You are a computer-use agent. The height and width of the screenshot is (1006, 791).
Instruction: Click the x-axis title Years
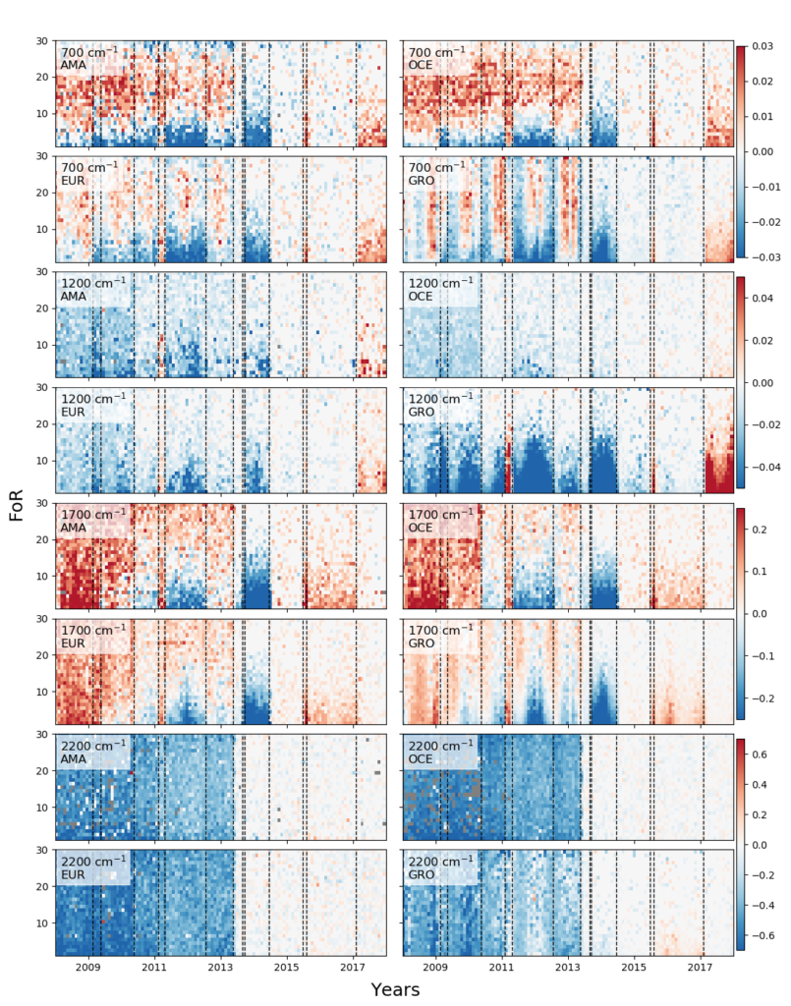click(395, 989)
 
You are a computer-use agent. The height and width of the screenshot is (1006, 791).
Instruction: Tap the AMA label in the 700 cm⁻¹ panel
click(73, 65)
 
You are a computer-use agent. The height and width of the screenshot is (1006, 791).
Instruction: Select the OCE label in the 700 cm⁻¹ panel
click(421, 65)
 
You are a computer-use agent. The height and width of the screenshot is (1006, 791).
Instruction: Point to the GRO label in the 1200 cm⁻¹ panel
click(421, 413)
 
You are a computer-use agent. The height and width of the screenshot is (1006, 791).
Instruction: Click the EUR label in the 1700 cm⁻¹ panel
click(73, 644)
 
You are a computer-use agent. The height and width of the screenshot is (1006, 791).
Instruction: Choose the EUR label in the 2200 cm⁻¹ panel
click(73, 876)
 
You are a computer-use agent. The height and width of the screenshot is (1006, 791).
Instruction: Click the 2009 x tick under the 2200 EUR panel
click(89, 968)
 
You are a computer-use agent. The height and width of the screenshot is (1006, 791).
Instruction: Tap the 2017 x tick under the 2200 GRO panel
click(701, 968)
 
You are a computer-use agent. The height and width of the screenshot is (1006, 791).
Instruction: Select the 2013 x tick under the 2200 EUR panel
click(220, 968)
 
